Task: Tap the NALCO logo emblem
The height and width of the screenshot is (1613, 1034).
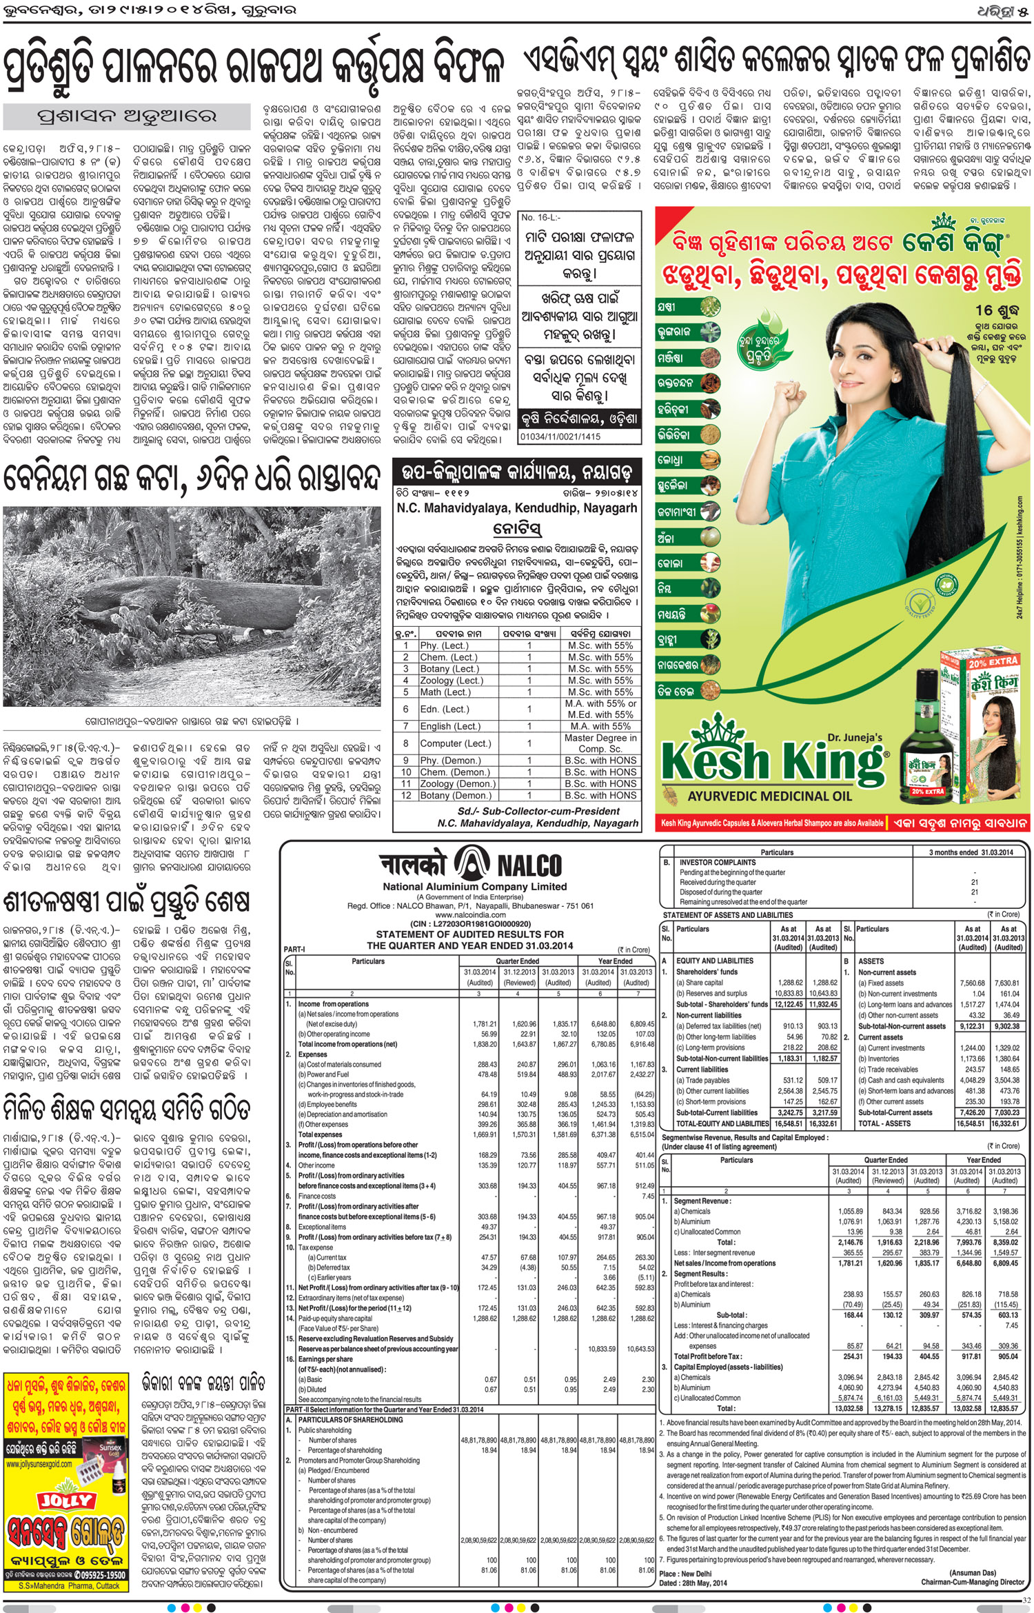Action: pos(472,864)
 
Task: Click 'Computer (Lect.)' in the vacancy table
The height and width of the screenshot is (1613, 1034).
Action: pos(451,743)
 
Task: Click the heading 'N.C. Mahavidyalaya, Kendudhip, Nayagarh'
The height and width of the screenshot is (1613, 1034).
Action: pos(516,508)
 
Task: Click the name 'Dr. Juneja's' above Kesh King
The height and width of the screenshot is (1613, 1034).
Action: pos(855,737)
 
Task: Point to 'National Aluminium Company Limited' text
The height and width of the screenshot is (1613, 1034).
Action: pos(475,887)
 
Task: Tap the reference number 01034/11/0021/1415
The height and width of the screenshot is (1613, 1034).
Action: pos(560,437)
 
